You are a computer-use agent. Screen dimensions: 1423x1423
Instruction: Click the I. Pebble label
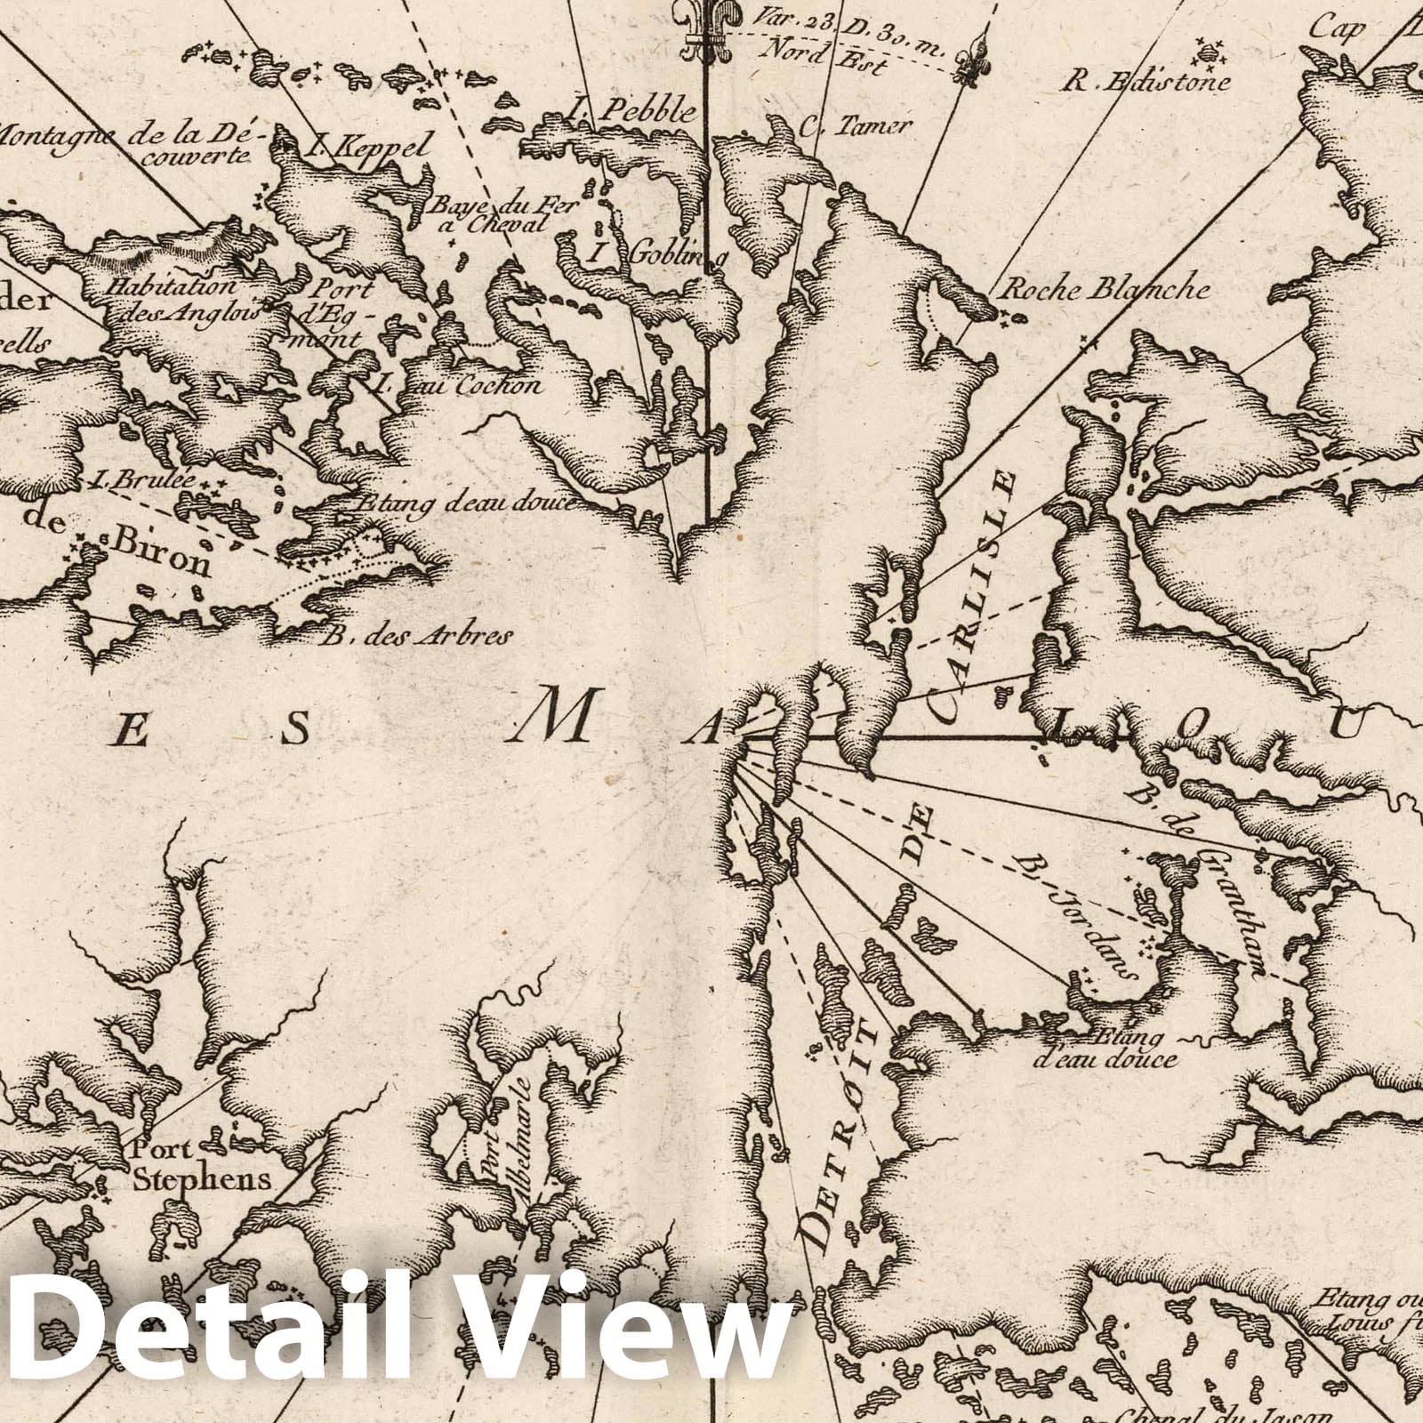click(x=631, y=111)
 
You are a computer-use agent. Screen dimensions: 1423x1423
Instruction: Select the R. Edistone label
click(x=1147, y=83)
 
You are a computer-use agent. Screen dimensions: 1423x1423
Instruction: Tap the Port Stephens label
click(x=199, y=1164)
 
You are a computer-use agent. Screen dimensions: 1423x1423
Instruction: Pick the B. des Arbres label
click(x=417, y=635)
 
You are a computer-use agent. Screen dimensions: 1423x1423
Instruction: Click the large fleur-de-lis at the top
click(x=706, y=27)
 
